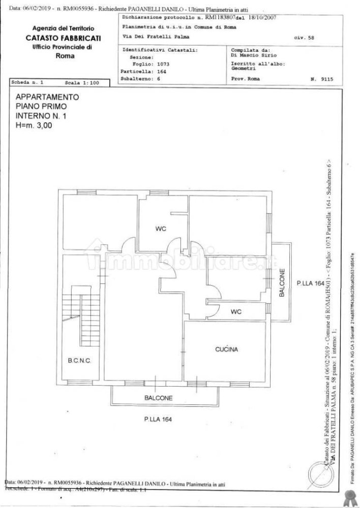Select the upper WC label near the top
161,229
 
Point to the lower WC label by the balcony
236,311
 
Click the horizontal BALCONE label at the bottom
157,398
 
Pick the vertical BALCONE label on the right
281,282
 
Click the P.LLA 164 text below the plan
157,419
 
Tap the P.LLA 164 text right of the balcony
310,283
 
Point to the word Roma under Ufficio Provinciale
65,56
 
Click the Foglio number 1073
163,65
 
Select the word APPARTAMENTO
47,97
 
